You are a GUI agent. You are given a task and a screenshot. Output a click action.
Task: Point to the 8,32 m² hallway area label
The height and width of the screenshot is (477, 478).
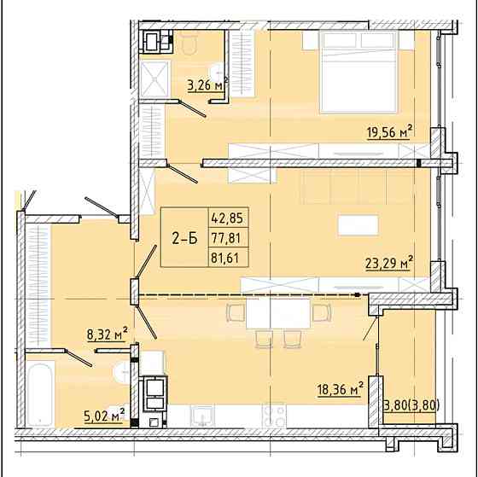click(108, 334)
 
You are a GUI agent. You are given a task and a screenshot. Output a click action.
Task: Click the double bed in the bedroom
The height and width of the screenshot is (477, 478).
click(358, 70)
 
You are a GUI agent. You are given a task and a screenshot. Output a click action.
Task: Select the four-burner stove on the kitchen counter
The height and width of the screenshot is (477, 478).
click(275, 416)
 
